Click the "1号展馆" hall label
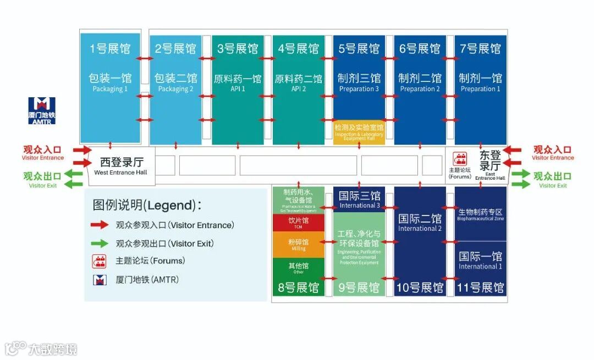click(x=110, y=49)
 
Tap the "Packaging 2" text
click(x=175, y=89)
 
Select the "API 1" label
click(x=238, y=89)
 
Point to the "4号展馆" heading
click(x=299, y=49)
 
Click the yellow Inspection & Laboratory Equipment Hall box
click(x=359, y=132)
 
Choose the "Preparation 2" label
click(x=420, y=89)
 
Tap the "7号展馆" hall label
click(x=481, y=49)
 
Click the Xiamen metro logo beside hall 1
click(x=42, y=106)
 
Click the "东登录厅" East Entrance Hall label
click(x=490, y=160)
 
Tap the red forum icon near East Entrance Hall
click(x=459, y=159)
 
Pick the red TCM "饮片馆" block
click(x=299, y=222)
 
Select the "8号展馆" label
click(x=299, y=287)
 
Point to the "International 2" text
click(x=420, y=229)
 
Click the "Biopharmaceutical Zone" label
click(x=480, y=219)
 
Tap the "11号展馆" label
click(x=481, y=287)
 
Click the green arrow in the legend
click(x=100, y=243)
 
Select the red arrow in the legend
click(x=100, y=225)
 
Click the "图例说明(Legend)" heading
click(x=147, y=205)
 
